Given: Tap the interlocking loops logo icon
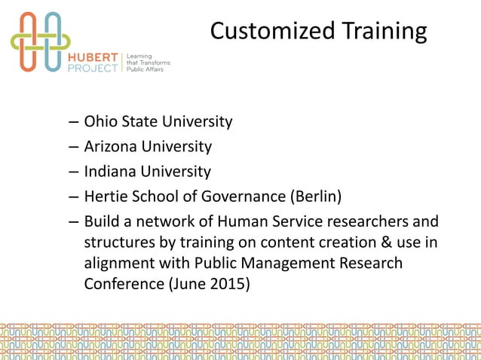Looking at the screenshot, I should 41,41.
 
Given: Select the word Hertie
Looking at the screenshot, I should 106,197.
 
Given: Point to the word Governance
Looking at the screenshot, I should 245,197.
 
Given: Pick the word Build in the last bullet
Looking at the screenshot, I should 100,223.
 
